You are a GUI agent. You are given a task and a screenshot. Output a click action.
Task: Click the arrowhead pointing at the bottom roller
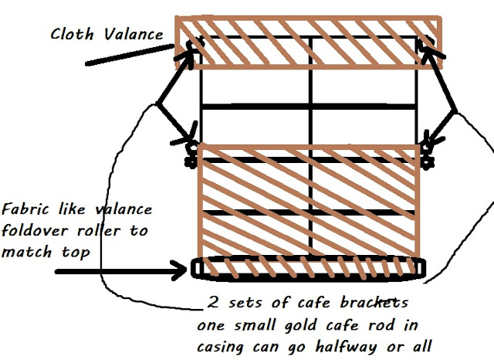click(x=179, y=271)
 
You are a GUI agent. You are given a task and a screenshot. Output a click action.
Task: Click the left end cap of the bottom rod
click(x=197, y=268)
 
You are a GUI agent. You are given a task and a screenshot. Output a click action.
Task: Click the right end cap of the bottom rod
click(x=419, y=268)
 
